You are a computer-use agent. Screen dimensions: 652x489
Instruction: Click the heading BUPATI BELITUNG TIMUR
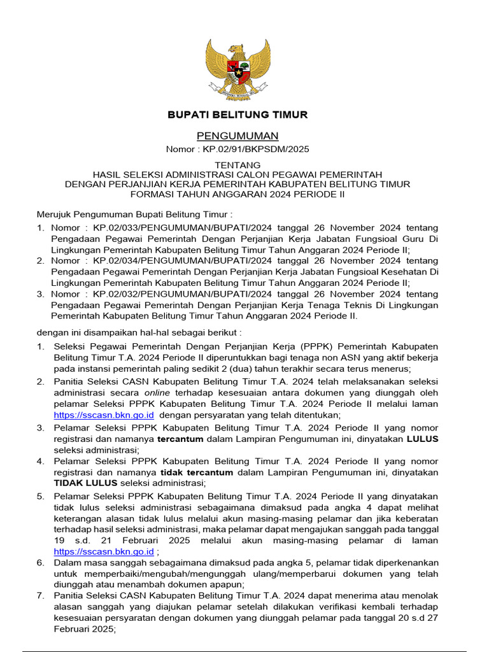[237, 115]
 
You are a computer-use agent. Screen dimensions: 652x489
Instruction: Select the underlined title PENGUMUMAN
[237, 136]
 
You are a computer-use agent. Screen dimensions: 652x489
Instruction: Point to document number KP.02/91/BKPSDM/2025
[256, 149]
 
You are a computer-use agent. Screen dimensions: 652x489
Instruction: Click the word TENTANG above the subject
[237, 164]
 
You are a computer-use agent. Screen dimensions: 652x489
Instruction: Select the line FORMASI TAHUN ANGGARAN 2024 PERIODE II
[237, 194]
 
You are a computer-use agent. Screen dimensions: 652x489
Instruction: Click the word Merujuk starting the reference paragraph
[53, 214]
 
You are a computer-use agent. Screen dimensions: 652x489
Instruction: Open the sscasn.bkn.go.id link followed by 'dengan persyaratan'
[104, 415]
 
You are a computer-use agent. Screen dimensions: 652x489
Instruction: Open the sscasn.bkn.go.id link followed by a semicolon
[104, 551]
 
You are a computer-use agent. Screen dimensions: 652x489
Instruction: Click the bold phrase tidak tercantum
[197, 472]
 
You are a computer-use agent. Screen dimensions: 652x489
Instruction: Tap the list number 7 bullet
[40, 596]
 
